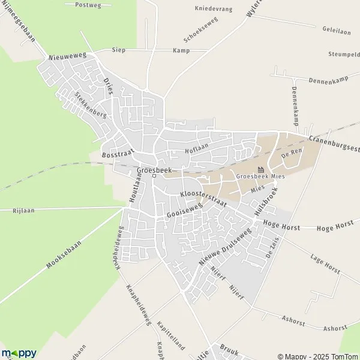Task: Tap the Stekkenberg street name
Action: (x=91, y=104)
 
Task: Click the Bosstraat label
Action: (x=117, y=154)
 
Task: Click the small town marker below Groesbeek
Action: (x=154, y=176)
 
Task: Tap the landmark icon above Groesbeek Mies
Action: (x=260, y=169)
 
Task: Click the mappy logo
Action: (x=19, y=353)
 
